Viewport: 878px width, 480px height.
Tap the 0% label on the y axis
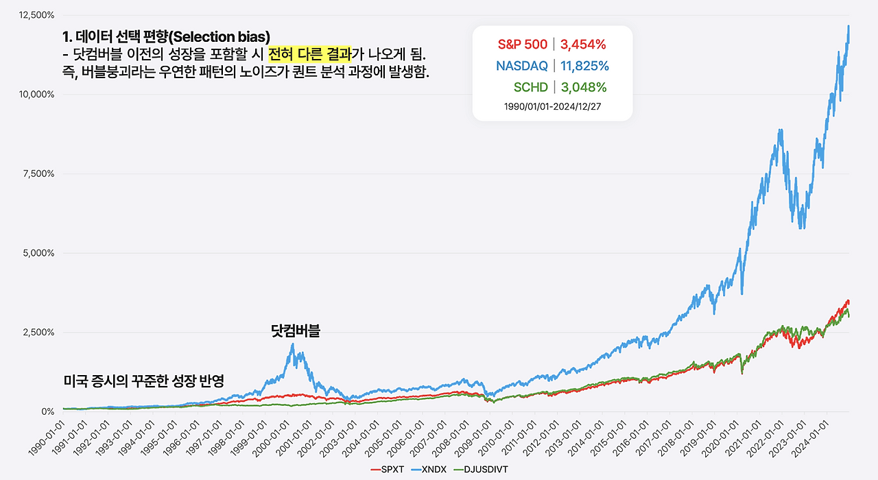click(x=47, y=411)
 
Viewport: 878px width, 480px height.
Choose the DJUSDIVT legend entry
click(x=484, y=469)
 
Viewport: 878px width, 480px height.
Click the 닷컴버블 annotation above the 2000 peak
click(x=296, y=331)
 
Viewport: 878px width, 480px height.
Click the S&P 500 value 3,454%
click(x=583, y=45)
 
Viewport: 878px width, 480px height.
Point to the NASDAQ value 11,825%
click(x=584, y=66)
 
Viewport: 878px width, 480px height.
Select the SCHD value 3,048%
click(x=583, y=87)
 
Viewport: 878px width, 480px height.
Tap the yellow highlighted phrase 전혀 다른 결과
click(x=309, y=53)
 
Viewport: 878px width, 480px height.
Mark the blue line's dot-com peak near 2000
click(x=293, y=344)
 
